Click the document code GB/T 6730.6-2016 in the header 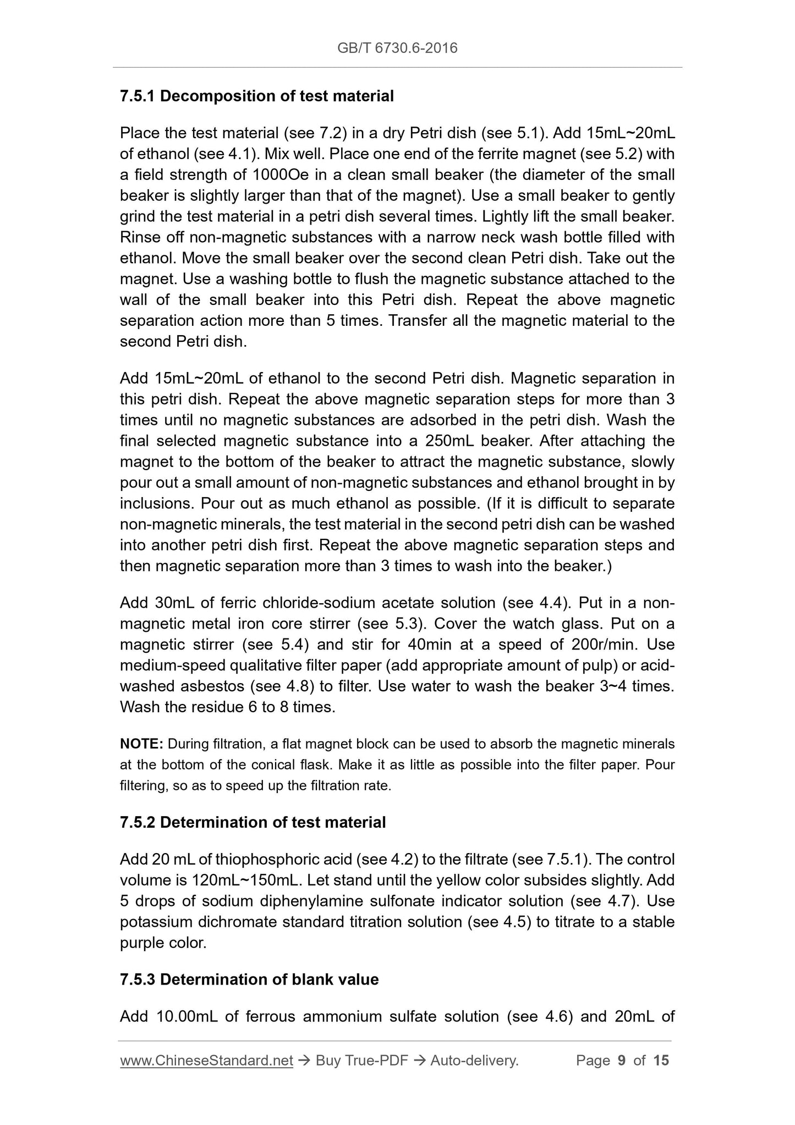pyautogui.click(x=397, y=48)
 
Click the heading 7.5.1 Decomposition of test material pyautogui.click(x=257, y=96)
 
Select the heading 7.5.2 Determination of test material pyautogui.click(x=253, y=822)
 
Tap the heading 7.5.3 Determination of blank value pyautogui.click(x=249, y=980)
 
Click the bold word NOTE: pyautogui.click(x=141, y=744)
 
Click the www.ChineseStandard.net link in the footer pyautogui.click(x=206, y=1061)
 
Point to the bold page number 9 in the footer pyautogui.click(x=622, y=1061)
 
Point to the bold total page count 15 pyautogui.click(x=661, y=1061)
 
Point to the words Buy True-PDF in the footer pyautogui.click(x=362, y=1061)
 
